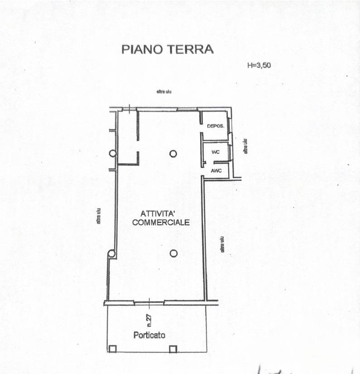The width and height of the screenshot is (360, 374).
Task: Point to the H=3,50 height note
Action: click(259, 65)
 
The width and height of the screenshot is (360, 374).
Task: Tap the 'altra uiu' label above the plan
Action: click(163, 92)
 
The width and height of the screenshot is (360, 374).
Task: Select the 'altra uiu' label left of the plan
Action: click(98, 216)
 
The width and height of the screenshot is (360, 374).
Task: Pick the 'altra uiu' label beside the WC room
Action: click(246, 146)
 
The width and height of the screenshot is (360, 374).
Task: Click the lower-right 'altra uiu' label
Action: click(222, 244)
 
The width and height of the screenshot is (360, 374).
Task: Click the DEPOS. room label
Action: click(216, 126)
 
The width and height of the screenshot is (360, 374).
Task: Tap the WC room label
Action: click(216, 152)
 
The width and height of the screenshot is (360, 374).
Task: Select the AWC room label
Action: click(216, 170)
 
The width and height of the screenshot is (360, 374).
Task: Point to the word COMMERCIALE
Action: click(160, 223)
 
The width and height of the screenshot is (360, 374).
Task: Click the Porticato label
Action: click(149, 335)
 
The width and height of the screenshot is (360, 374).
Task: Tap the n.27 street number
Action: click(149, 320)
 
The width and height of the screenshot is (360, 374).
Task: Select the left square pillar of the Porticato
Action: click(112, 349)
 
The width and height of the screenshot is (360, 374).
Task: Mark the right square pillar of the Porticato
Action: click(173, 349)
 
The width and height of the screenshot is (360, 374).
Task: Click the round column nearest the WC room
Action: click(173, 154)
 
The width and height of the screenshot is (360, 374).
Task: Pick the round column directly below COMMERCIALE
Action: click(173, 253)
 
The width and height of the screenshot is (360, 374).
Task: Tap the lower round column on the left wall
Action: click(111, 254)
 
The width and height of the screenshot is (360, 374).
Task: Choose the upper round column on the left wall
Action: click(112, 153)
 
